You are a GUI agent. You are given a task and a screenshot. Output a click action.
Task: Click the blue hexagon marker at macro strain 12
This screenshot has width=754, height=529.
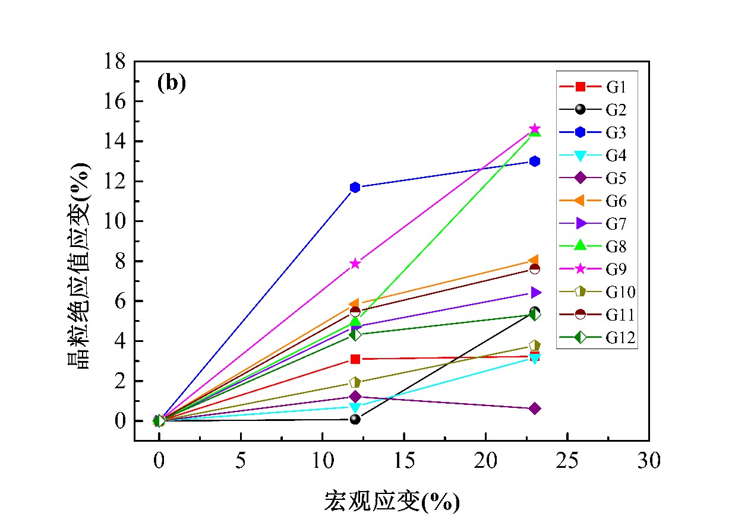(355, 188)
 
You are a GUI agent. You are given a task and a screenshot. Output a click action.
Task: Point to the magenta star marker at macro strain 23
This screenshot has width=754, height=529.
(535, 129)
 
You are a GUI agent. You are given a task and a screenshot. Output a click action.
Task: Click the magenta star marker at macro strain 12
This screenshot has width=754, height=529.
(355, 264)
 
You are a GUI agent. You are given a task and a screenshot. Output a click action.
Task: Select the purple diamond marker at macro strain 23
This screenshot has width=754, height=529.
(535, 408)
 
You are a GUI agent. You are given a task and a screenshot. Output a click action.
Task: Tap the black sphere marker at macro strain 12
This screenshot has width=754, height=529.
(355, 419)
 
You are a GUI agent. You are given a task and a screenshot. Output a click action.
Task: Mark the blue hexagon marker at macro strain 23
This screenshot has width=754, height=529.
(535, 161)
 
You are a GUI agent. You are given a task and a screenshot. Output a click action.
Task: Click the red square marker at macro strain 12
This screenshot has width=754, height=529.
(355, 359)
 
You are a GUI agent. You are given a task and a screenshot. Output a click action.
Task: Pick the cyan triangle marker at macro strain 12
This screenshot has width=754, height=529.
(355, 408)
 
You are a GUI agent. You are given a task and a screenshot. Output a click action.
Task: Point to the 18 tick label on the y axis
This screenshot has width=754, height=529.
(116, 62)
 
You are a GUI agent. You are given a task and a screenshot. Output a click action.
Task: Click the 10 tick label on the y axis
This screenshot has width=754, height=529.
(116, 221)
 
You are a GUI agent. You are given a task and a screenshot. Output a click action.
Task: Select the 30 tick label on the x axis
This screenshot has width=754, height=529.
(649, 461)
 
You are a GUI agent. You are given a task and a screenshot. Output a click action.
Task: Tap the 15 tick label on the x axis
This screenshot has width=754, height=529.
(404, 461)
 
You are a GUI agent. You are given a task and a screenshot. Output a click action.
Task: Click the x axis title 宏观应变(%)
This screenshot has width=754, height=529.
(392, 502)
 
